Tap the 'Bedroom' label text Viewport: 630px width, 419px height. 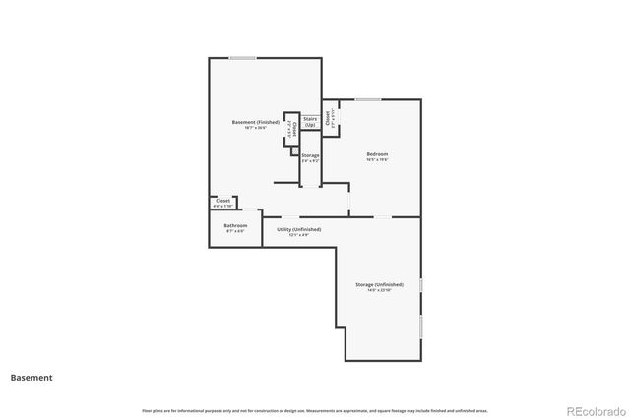[377, 153]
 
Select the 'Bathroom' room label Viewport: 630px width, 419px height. [236, 225]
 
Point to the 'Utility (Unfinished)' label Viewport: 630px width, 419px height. [298, 229]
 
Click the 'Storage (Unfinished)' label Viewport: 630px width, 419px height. [379, 284]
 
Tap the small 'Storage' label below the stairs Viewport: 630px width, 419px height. [310, 155]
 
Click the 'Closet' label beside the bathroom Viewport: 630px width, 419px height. [223, 200]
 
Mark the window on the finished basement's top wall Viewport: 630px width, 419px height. [243, 58]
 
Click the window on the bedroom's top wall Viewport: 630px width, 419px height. [368, 99]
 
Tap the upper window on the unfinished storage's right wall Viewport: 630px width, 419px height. [420, 285]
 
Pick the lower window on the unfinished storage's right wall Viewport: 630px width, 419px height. [420, 326]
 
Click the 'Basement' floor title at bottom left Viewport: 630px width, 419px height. [31, 377]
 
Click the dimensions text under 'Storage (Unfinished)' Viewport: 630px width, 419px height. [379, 290]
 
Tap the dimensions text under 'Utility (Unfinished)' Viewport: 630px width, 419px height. [298, 235]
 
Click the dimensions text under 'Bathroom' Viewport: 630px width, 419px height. [236, 231]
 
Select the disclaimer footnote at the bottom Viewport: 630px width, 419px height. [314, 410]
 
